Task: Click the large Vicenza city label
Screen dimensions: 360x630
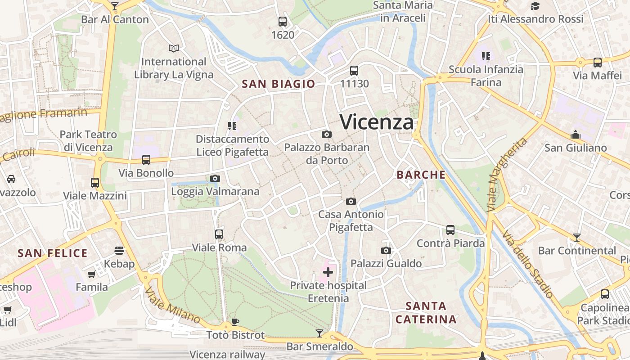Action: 377,122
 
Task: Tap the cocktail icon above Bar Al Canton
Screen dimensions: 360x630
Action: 115,6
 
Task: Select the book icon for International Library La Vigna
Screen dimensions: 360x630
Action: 174,48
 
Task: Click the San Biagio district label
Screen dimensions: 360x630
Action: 279,84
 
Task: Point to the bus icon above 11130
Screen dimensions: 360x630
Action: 354,71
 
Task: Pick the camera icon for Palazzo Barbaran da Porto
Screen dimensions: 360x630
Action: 327,134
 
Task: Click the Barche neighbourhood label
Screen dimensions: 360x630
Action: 421,175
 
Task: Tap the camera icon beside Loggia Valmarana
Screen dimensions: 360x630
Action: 215,178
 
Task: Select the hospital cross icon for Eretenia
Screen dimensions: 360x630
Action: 328,272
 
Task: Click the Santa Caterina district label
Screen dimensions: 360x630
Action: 426,313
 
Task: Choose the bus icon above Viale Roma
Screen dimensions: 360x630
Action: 219,234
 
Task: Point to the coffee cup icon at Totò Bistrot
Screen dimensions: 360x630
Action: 235,322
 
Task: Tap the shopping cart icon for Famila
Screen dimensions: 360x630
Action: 91,274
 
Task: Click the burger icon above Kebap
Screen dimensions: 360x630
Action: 119,250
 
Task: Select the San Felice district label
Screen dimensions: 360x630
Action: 53,253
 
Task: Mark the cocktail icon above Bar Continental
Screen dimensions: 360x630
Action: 577,237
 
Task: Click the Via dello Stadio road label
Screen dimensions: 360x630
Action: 527,264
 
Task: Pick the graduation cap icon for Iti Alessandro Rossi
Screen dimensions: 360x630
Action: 535,6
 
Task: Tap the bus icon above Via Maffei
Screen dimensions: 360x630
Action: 598,62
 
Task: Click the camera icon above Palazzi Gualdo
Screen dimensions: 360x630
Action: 386,250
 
